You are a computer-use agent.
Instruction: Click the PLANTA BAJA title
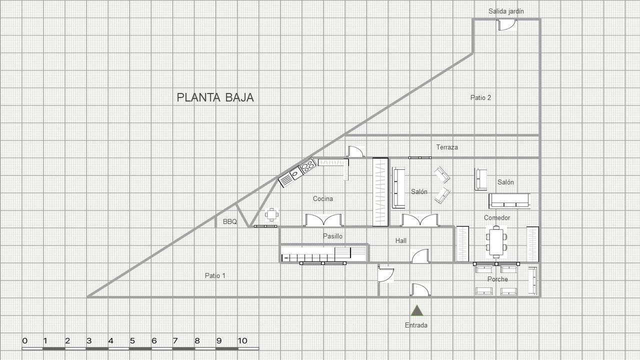point(215,97)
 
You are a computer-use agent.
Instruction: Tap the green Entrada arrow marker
point(417,310)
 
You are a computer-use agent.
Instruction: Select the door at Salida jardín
point(506,25)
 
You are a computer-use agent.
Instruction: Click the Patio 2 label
point(480,97)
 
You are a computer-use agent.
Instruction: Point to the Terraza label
point(447,147)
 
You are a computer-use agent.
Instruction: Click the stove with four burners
point(307,165)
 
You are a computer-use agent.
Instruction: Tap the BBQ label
point(229,221)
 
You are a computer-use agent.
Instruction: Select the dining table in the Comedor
point(496,241)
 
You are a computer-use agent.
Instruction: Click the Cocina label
point(323,198)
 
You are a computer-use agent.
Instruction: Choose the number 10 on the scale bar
point(242,340)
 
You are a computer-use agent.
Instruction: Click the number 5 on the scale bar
point(132,340)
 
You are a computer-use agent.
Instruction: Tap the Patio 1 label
point(215,275)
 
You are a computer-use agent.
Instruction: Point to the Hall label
point(401,240)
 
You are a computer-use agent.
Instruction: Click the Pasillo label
point(332,236)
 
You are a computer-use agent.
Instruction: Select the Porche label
point(497,279)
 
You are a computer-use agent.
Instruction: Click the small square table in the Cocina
point(271,215)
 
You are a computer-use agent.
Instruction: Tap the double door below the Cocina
point(323,220)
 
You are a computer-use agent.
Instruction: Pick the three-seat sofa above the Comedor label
point(509,201)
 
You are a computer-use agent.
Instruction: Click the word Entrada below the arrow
point(416,325)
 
